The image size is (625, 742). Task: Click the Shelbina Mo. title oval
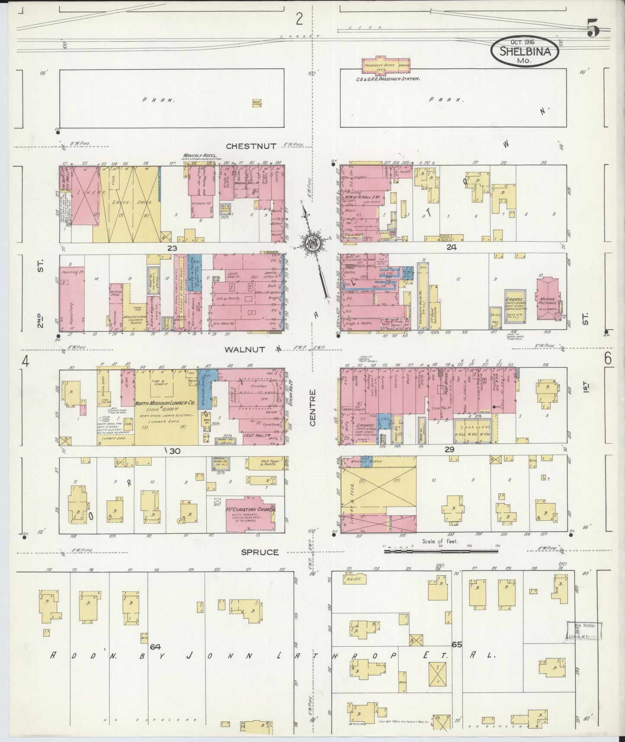(x=525, y=51)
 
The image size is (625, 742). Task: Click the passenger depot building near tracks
(x=386, y=64)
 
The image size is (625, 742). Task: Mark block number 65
(x=457, y=644)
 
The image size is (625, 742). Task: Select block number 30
(x=174, y=451)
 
